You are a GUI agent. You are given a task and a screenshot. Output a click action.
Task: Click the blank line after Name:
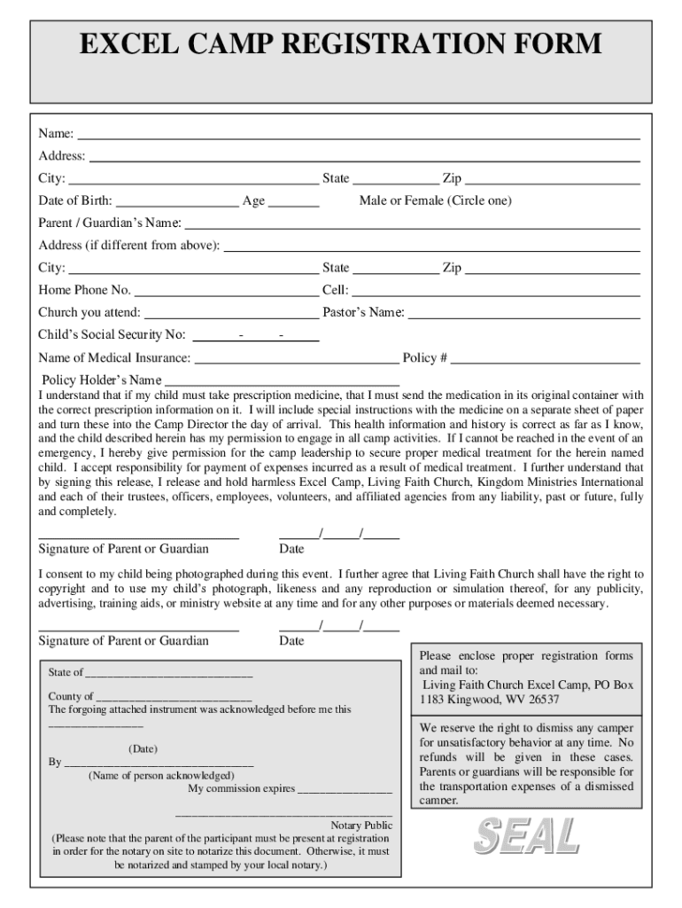[358, 138]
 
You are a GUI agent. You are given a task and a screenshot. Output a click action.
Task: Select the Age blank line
[293, 206]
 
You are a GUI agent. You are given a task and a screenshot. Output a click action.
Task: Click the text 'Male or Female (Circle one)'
[435, 201]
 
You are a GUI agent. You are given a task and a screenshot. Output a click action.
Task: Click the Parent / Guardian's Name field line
[412, 228]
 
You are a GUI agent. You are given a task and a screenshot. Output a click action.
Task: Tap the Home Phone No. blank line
[226, 295]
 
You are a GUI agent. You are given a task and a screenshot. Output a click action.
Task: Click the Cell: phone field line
[496, 295]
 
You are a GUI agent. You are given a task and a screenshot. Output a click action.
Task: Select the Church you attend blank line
[230, 317]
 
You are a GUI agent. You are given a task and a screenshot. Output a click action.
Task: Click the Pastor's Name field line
[523, 317]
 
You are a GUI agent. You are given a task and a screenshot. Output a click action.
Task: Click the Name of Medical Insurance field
[296, 363]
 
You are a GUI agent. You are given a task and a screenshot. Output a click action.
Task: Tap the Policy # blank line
[545, 363]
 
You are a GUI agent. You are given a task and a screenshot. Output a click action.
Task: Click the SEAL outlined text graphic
[526, 836]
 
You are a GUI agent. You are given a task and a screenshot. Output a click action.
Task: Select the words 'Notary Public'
[361, 826]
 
